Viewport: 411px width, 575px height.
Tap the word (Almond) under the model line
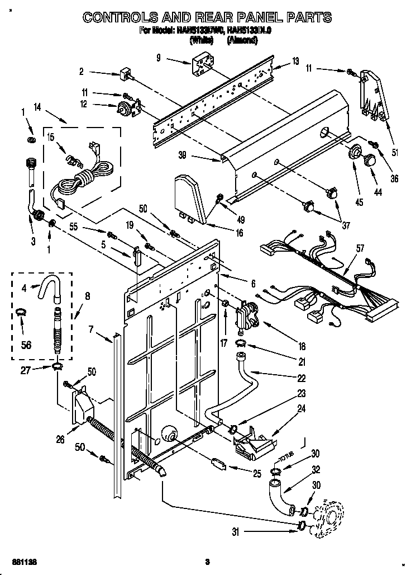pos(242,40)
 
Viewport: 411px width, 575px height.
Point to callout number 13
pos(295,61)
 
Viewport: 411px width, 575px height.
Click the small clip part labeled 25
pos(218,464)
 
